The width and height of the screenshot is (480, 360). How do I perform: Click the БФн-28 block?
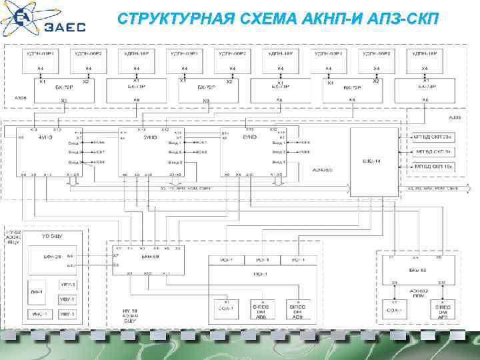53,257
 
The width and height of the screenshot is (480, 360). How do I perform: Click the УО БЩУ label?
53,237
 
